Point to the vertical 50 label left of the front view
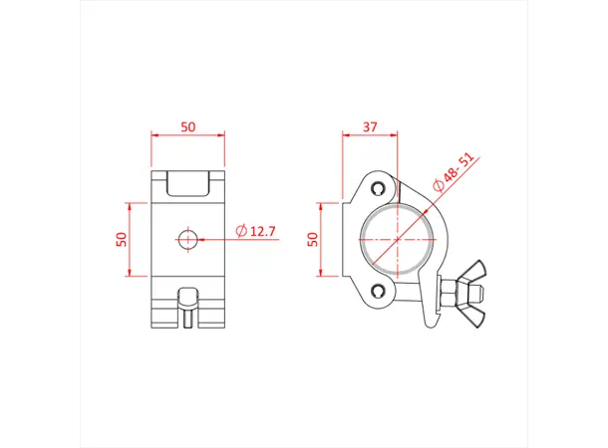click(122, 239)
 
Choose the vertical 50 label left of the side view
click(312, 239)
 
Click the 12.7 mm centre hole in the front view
click(187, 238)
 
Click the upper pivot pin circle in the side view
click(377, 188)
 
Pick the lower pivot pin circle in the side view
click(377, 291)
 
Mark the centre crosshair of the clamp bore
click(397, 239)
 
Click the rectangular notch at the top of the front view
click(187, 183)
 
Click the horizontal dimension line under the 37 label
click(370, 138)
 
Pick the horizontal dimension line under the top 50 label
click(187, 138)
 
